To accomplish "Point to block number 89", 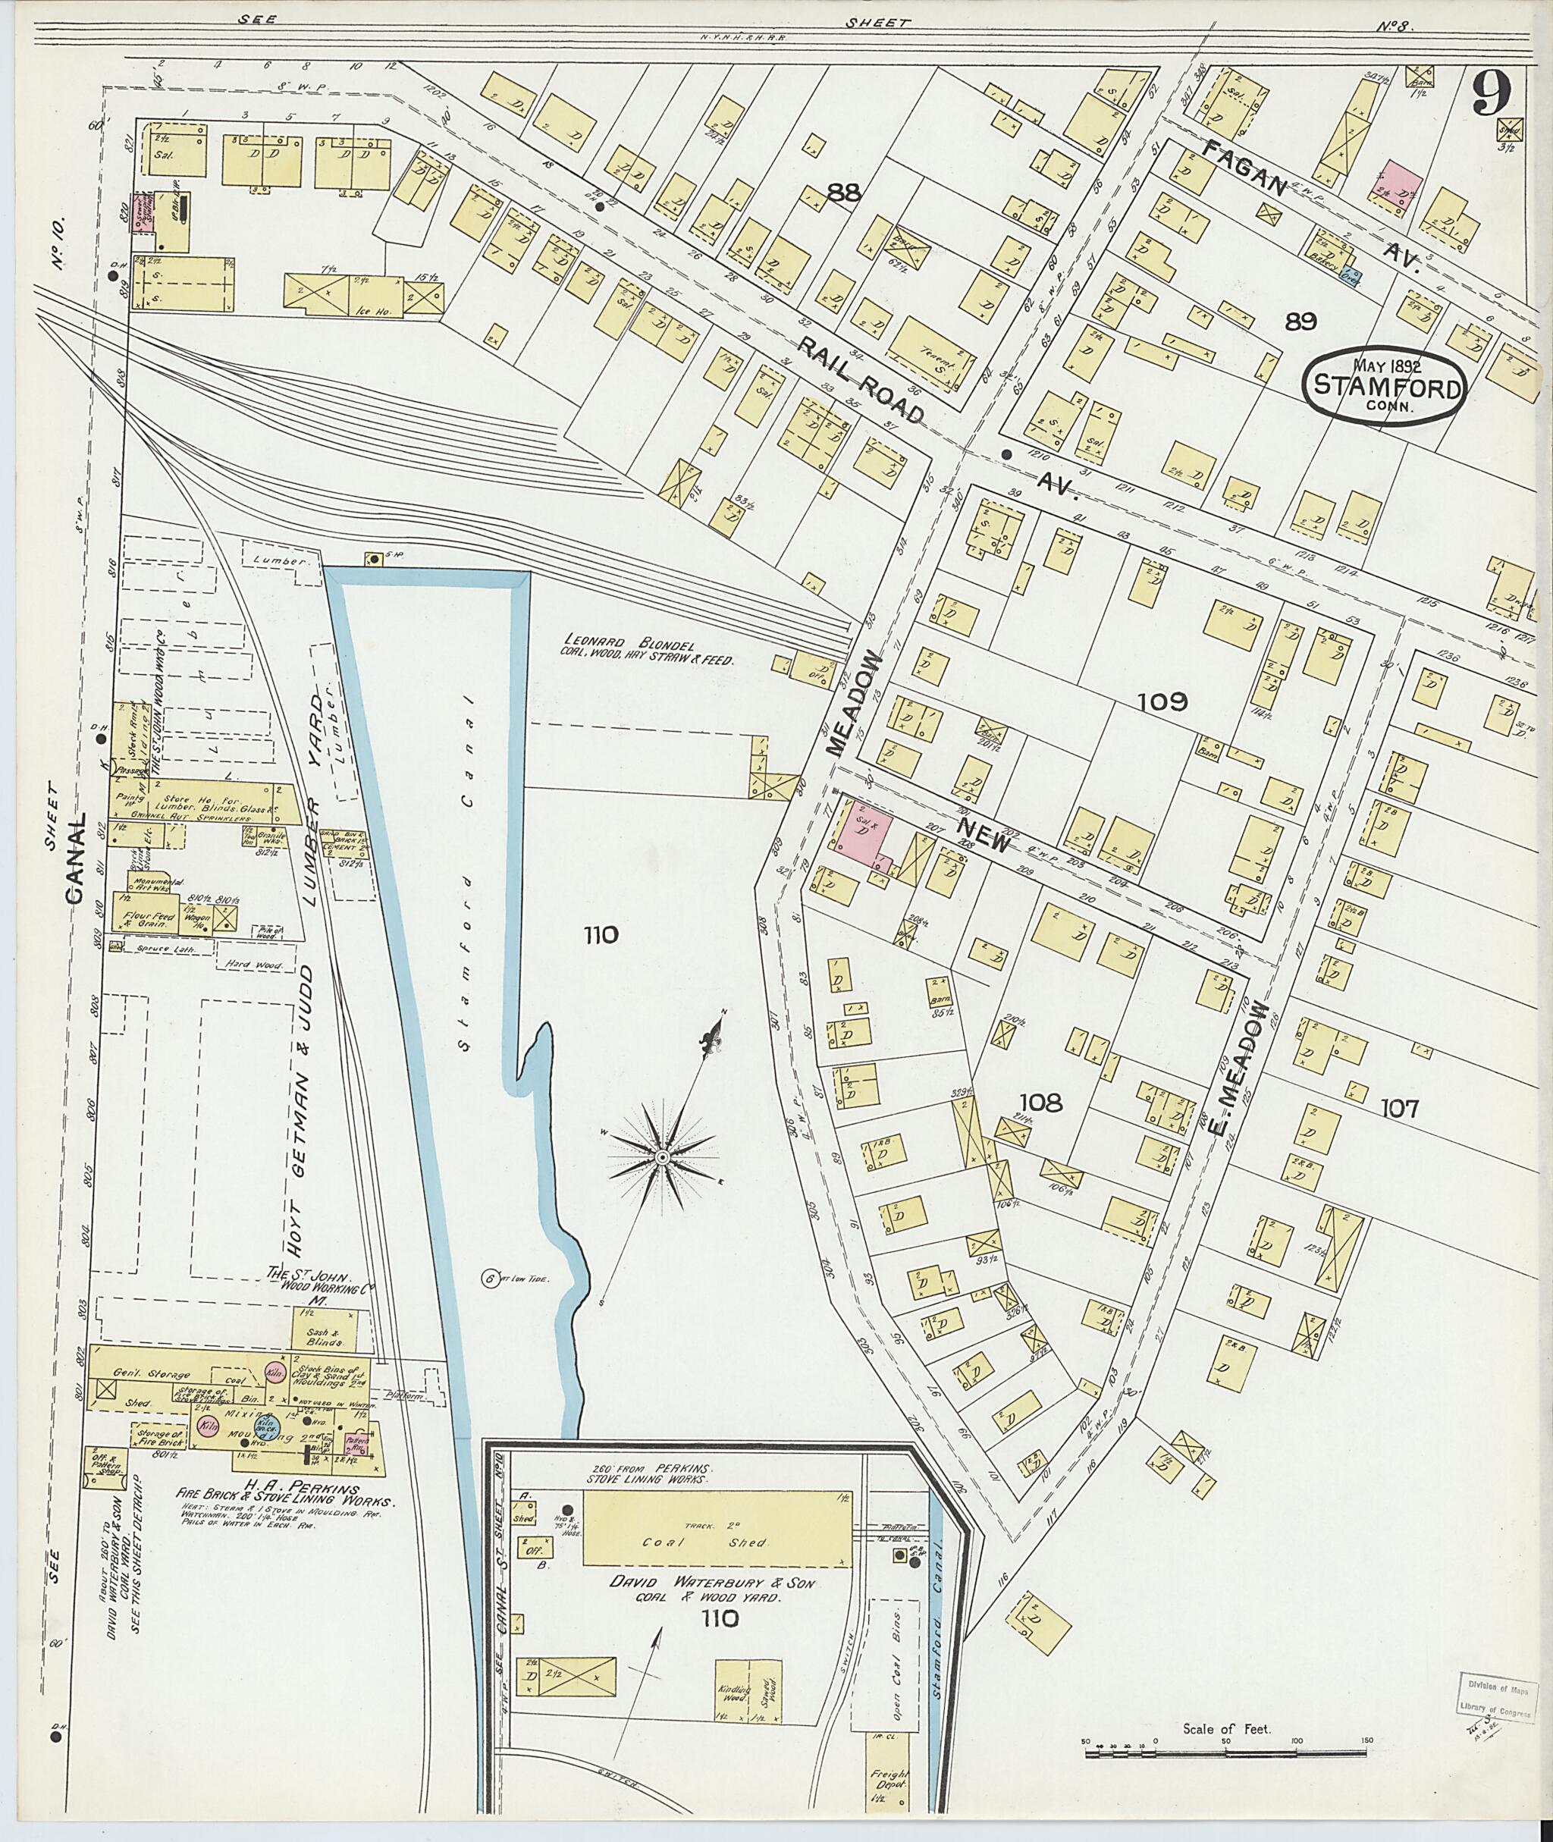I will tap(1300, 322).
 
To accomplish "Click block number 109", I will tap(1162, 701).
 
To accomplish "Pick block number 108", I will tap(1040, 1102).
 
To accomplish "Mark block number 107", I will tap(1399, 1108).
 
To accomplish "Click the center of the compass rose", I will tap(661, 1156).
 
